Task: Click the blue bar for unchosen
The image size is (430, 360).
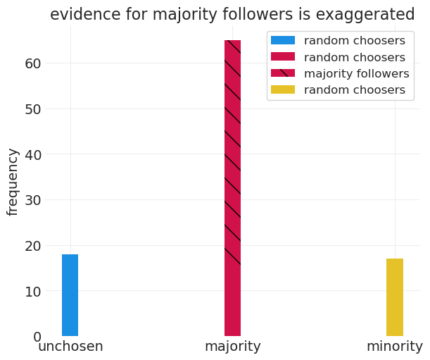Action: click(x=70, y=295)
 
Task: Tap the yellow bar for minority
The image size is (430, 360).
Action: click(x=395, y=297)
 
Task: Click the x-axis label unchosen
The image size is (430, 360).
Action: click(x=70, y=347)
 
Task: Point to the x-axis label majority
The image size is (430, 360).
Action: click(x=232, y=347)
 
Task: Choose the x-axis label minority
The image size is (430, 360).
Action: click(x=395, y=347)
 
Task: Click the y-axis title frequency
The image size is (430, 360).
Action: click(x=13, y=182)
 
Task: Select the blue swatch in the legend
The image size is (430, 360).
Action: click(x=283, y=41)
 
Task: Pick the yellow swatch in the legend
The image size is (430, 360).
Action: click(x=283, y=89)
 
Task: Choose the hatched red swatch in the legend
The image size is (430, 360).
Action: click(x=283, y=73)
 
